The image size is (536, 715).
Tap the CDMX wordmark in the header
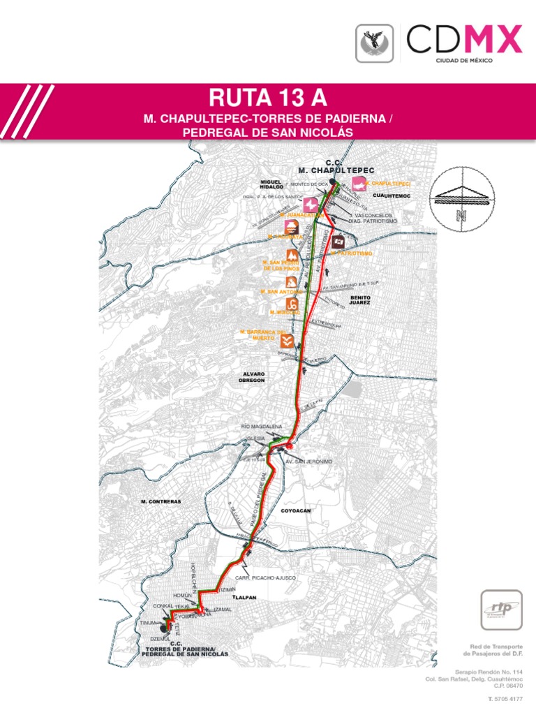click(x=464, y=39)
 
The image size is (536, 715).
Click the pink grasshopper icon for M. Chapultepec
click(x=359, y=184)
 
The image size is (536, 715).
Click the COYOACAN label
click(x=295, y=511)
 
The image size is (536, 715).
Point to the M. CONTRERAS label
click(x=161, y=502)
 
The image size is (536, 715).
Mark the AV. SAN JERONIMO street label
click(x=308, y=462)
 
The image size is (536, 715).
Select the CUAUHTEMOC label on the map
click(x=390, y=195)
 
